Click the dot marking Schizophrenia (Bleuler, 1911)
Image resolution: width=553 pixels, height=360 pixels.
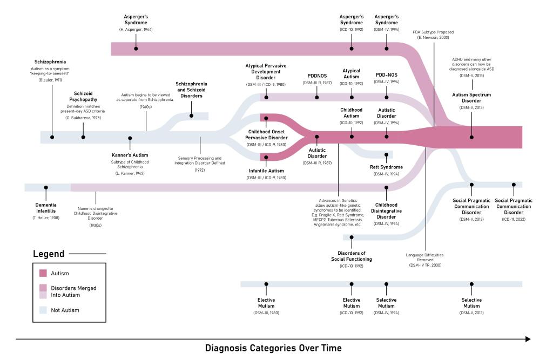pos(52,137)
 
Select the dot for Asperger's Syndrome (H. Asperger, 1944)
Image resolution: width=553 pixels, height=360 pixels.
pos(136,49)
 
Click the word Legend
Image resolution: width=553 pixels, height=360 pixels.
pos(49,254)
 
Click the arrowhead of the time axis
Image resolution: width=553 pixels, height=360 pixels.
pos(527,338)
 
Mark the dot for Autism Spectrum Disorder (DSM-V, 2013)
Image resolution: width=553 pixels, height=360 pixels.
pos(472,137)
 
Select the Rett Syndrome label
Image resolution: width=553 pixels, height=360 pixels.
pos(386,167)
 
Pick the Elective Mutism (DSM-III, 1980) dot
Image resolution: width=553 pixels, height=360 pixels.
pos(266,284)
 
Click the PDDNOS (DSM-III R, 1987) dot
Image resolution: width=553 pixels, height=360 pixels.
pos(317,97)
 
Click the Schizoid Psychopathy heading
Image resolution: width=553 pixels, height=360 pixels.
pos(83,96)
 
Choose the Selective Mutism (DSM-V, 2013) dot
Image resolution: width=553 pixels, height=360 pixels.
pos(472,284)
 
